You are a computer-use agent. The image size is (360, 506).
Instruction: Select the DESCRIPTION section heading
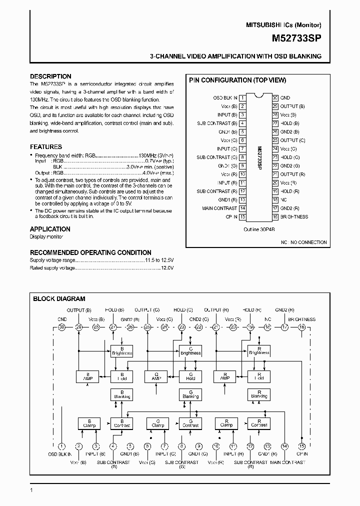point(50,76)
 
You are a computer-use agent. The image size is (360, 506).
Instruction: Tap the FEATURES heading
point(46,147)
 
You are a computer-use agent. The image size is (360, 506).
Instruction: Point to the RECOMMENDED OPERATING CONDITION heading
point(90,252)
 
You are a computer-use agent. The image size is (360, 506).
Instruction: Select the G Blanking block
point(190,394)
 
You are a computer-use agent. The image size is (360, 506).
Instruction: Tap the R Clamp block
point(226,423)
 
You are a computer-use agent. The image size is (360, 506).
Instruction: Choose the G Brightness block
point(190,350)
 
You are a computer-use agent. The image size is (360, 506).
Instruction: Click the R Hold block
point(259,376)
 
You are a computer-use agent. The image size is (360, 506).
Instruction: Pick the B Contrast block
point(121,423)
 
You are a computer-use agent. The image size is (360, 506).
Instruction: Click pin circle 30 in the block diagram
point(62,327)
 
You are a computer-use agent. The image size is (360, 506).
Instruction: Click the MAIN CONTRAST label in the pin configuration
point(219,208)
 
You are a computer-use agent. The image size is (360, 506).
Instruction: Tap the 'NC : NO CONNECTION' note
point(303,242)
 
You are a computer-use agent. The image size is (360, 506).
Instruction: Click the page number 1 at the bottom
point(32,490)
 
